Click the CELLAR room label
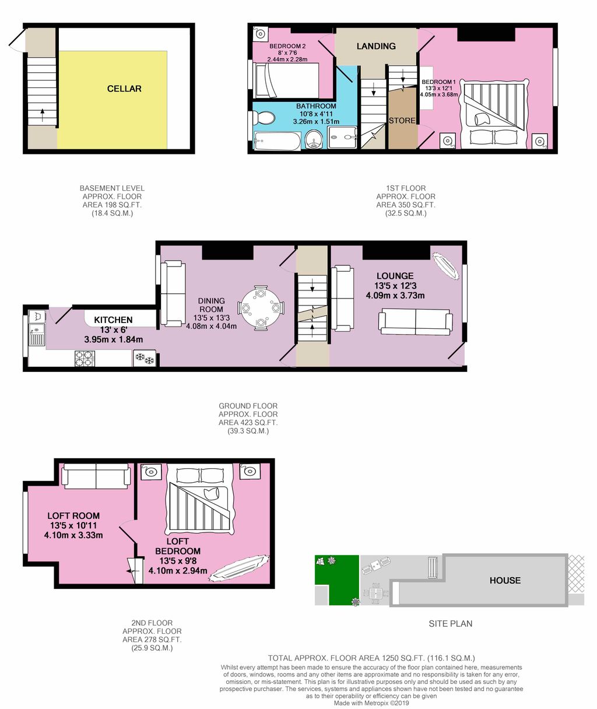(x=124, y=89)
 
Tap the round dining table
(x=260, y=308)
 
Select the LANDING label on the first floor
(x=376, y=46)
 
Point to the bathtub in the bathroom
(x=277, y=141)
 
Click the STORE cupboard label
(x=402, y=121)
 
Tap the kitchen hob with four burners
(x=85, y=358)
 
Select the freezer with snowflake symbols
(x=145, y=358)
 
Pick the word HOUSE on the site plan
(x=505, y=580)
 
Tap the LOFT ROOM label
(x=73, y=516)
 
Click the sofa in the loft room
(x=96, y=476)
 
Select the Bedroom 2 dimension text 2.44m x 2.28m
(x=287, y=59)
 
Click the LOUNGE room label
(x=395, y=276)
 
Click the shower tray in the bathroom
(x=342, y=138)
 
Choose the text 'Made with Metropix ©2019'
(x=371, y=703)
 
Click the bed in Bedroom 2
(x=287, y=80)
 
